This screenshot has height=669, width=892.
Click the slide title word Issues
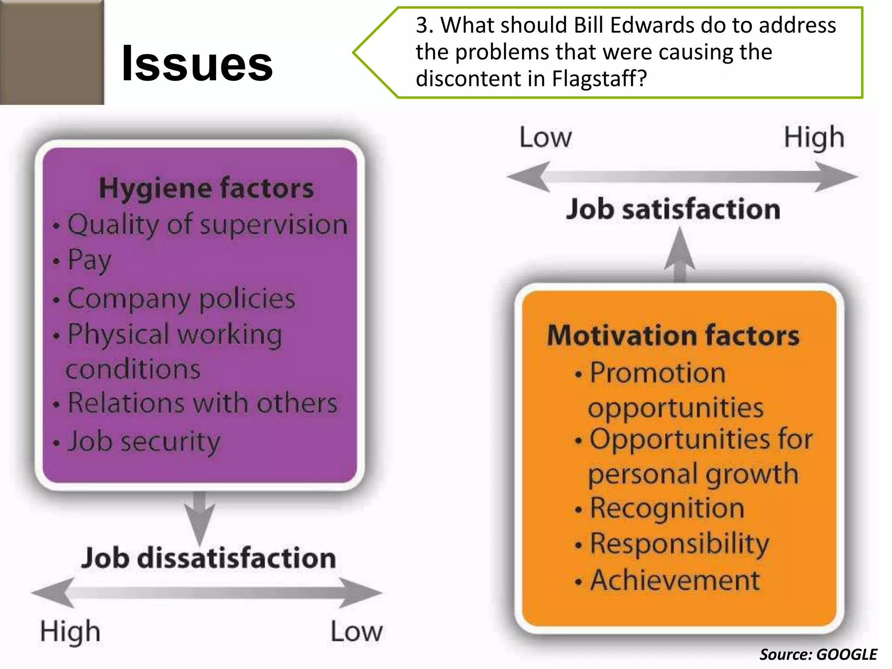(x=197, y=64)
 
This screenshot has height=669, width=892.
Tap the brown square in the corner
(x=51, y=52)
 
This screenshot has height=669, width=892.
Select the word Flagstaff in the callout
(x=599, y=79)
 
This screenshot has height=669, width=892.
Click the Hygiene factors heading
(x=206, y=188)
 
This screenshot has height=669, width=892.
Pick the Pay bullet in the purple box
(x=89, y=260)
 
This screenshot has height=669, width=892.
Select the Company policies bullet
(x=181, y=299)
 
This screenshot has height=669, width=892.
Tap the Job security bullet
(x=144, y=442)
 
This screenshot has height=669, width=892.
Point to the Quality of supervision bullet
(x=207, y=225)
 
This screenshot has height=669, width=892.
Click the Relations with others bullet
(x=203, y=403)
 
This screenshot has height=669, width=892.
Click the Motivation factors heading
(x=673, y=335)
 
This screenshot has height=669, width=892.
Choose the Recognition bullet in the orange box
(x=666, y=508)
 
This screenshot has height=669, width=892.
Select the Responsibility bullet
(x=679, y=544)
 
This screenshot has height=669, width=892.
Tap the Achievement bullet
(x=675, y=580)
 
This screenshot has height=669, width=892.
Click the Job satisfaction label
(x=673, y=209)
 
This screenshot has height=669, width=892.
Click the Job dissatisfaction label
(x=208, y=558)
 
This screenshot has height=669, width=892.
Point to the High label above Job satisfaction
(x=814, y=138)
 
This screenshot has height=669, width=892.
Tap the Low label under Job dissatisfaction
(x=356, y=632)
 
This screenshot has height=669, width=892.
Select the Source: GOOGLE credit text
(x=818, y=655)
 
